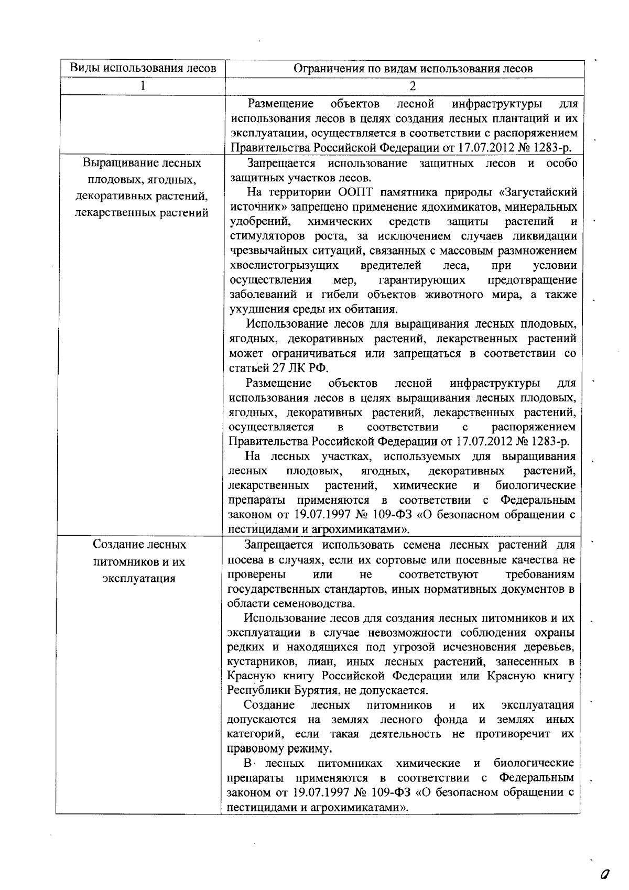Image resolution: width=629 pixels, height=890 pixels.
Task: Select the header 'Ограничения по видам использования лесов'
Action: click(413, 69)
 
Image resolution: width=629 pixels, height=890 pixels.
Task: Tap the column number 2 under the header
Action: click(413, 86)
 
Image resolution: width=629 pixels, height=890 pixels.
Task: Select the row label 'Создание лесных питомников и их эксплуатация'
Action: click(139, 561)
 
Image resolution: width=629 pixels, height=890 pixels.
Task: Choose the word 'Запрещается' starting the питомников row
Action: click(278, 545)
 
